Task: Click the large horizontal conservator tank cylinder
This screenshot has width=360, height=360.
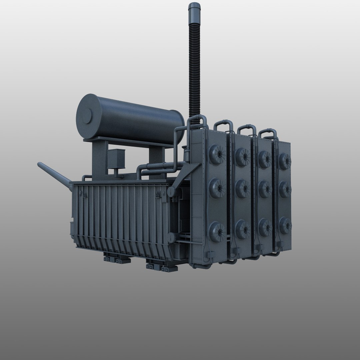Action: point(133,118)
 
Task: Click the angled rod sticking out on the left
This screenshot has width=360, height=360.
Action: point(53,173)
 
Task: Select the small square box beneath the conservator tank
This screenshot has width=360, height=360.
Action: point(115,159)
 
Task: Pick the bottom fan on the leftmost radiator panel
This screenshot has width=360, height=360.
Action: point(217,230)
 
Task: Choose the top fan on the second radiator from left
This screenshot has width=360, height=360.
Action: point(242,156)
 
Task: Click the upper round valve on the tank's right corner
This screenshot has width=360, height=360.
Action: point(172,191)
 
